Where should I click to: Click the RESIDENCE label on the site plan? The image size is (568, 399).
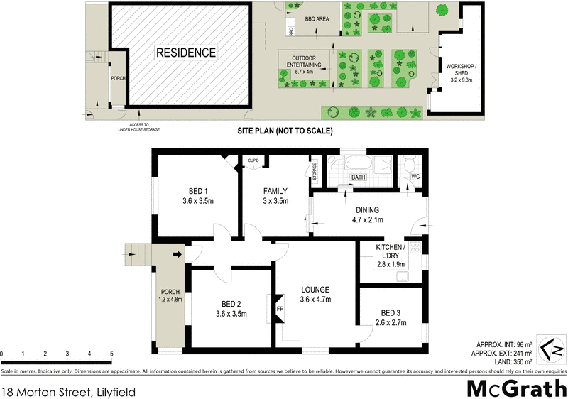tap(185, 53)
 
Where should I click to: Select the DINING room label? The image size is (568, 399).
tap(368, 210)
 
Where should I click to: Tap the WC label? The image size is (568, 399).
tap(415, 177)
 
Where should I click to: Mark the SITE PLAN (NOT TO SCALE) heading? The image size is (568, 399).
tap(285, 131)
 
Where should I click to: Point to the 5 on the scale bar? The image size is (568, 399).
tap(111, 353)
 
